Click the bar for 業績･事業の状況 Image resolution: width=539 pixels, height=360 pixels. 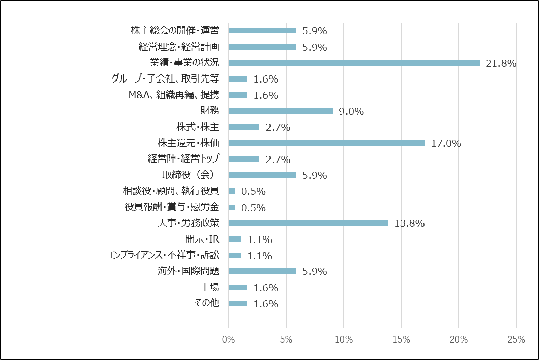354,63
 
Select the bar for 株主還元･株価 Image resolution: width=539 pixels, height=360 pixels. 326,143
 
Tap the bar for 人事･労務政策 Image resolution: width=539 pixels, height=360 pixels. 308,223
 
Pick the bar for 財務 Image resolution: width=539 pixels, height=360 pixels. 281,111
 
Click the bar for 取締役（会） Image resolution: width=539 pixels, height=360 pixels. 262,175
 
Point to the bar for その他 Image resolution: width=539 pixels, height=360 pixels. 238,303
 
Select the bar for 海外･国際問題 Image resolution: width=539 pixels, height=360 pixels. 262,271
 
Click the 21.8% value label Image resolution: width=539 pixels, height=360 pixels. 500,63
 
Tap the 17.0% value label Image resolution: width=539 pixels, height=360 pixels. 446,143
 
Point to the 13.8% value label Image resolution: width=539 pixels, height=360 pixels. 409,223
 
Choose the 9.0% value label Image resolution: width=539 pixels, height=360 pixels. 351,111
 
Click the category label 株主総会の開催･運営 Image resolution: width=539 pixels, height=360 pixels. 175,30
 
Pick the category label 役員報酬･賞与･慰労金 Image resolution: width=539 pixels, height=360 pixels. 171,207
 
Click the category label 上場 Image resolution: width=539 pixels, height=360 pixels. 210,287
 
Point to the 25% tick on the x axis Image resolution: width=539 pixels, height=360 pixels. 516,340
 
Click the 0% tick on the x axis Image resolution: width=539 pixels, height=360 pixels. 228,340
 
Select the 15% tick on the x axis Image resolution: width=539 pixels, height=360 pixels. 401,340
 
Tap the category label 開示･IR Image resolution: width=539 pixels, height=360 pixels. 202,239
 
